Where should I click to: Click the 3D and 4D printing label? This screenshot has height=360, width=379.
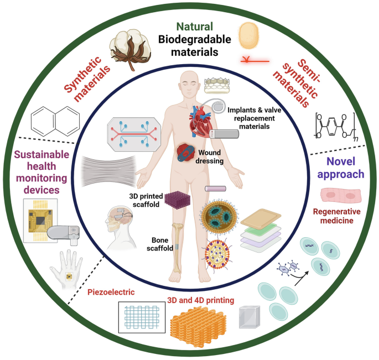pos(200,300)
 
